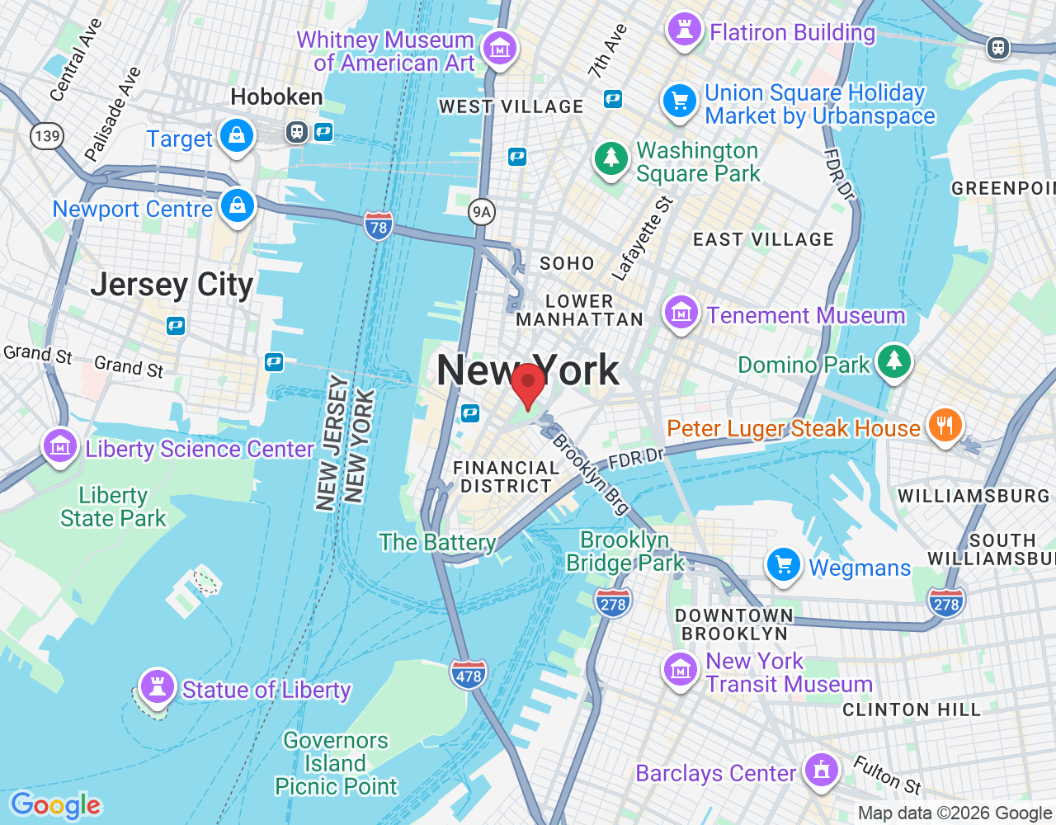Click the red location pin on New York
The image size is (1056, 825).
click(x=528, y=383)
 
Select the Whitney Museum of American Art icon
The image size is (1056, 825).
click(x=499, y=49)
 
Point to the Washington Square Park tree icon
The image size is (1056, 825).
click(x=611, y=158)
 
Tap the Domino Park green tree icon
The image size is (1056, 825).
click(x=894, y=361)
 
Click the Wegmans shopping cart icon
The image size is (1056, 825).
click(x=783, y=565)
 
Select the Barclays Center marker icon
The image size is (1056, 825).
click(x=821, y=770)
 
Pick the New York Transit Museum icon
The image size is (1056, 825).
click(x=681, y=670)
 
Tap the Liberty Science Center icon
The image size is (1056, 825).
click(x=60, y=446)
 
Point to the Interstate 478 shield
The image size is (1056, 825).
click(x=469, y=675)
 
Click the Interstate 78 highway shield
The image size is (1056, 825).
click(x=379, y=226)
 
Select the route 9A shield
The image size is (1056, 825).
click(x=482, y=212)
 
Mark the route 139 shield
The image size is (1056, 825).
click(x=47, y=135)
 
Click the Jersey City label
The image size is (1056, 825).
click(x=172, y=285)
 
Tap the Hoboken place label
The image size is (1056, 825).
click(x=276, y=97)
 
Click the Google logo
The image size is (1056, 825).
click(x=55, y=805)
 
